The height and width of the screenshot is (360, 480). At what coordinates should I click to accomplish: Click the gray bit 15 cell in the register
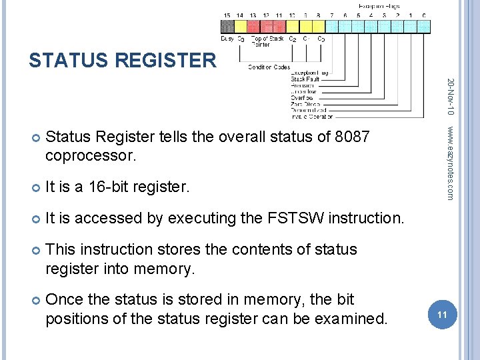[227, 26]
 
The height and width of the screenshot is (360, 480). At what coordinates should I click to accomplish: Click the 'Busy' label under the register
[227, 39]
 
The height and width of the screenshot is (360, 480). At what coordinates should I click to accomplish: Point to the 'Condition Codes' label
[268, 67]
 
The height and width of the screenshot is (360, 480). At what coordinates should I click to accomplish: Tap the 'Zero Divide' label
[305, 103]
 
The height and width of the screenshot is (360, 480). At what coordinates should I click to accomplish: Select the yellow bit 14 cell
[240, 26]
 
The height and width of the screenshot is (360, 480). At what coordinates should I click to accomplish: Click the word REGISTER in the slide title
[166, 61]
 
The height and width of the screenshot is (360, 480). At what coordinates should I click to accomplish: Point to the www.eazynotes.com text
[451, 163]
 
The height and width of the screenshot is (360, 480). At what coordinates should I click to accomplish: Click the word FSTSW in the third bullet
[295, 218]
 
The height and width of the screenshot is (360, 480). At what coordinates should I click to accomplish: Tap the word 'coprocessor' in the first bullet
[91, 157]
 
